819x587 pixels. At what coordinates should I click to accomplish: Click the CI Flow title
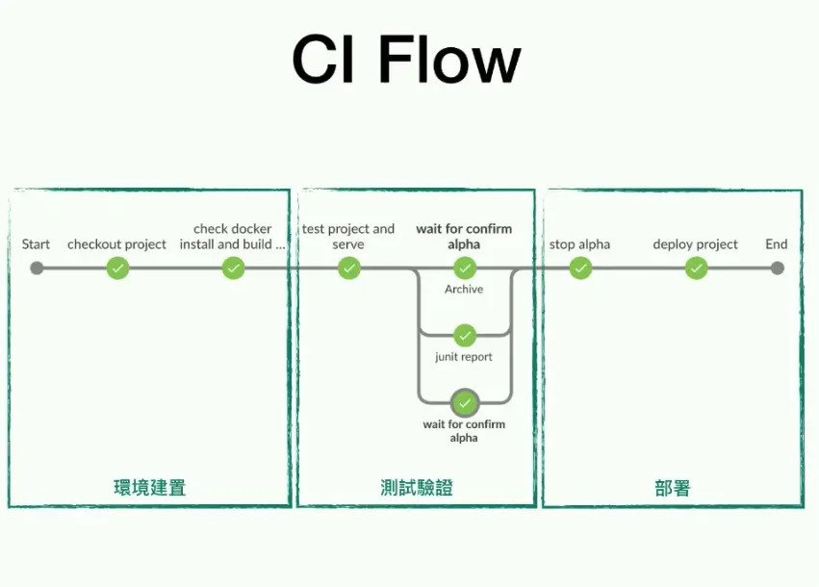(x=406, y=61)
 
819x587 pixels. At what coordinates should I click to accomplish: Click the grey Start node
(x=37, y=268)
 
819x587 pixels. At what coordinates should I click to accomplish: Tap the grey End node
(x=778, y=268)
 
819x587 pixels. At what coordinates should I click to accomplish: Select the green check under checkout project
(x=117, y=268)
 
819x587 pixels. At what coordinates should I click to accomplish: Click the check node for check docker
(x=234, y=268)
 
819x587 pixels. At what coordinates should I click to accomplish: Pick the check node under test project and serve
(x=349, y=268)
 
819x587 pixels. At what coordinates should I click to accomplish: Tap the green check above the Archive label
(x=465, y=268)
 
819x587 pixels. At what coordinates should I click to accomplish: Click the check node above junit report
(x=465, y=335)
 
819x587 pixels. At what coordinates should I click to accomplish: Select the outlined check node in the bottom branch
(x=465, y=401)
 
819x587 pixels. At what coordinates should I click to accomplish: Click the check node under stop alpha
(x=580, y=268)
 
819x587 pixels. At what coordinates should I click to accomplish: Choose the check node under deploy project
(x=696, y=268)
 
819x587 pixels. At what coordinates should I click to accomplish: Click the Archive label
(x=464, y=289)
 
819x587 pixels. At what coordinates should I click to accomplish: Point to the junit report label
(x=464, y=357)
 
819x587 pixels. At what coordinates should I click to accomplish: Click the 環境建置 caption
(x=149, y=488)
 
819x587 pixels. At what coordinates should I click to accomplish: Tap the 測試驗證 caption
(x=416, y=488)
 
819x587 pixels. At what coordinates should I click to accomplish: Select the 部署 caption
(x=672, y=488)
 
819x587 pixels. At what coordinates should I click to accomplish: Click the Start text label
(x=37, y=244)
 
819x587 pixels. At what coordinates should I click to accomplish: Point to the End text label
(x=777, y=244)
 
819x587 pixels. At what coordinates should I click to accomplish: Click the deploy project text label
(x=695, y=244)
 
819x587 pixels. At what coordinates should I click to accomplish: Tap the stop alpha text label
(x=579, y=244)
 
